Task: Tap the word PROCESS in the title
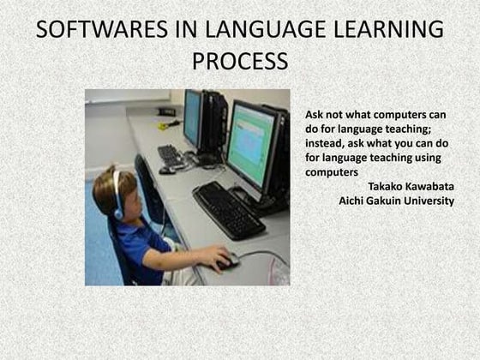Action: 240,63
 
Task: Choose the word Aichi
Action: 354,201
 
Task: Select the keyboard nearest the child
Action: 228,210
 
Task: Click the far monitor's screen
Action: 191,118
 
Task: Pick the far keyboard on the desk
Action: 171,156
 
